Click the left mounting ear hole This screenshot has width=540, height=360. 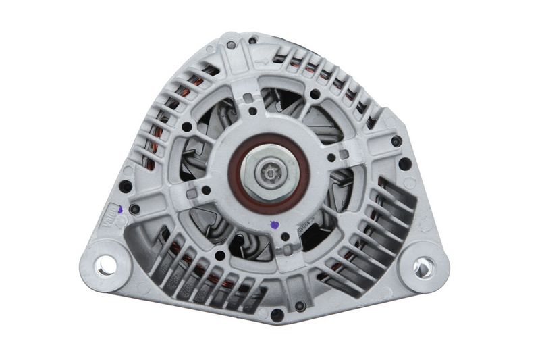pyautogui.click(x=106, y=265)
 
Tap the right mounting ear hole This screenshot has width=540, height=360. pyautogui.click(x=423, y=267)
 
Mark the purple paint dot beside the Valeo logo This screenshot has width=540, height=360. pyautogui.click(x=119, y=210)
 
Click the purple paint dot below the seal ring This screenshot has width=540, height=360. pyautogui.click(x=274, y=226)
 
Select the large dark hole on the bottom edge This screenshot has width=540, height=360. pyautogui.click(x=277, y=315)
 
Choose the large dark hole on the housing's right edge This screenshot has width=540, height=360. pyautogui.click(x=404, y=163)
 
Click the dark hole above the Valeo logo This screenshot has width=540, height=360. pyautogui.click(x=126, y=187)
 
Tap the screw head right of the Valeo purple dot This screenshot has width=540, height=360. pyautogui.click(x=135, y=209)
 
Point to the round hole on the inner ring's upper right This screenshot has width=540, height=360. pyautogui.click(x=315, y=94)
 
